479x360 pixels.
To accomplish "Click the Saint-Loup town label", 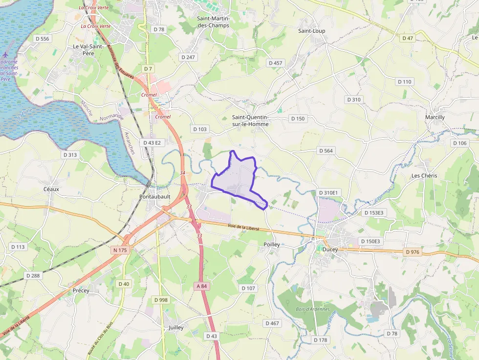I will [x=311, y=31].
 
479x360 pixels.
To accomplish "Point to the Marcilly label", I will [x=435, y=117].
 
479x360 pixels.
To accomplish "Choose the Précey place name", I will [x=81, y=290].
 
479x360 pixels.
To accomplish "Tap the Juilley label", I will [x=175, y=327].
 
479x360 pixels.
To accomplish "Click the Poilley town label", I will [x=271, y=244].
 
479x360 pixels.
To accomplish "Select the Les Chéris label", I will [x=424, y=175].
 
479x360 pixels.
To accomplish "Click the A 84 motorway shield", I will [x=201, y=286].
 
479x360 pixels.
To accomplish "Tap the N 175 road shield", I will [x=120, y=250].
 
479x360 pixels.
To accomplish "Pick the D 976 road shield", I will [x=413, y=252].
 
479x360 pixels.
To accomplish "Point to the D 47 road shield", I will [x=407, y=38].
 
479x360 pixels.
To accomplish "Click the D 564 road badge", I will [x=326, y=150].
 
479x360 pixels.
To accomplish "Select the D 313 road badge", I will [x=70, y=154].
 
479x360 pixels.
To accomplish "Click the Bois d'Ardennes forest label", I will [x=313, y=309].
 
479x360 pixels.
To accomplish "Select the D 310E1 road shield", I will [x=327, y=192].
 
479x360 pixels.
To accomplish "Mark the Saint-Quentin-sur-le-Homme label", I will [x=250, y=120].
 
